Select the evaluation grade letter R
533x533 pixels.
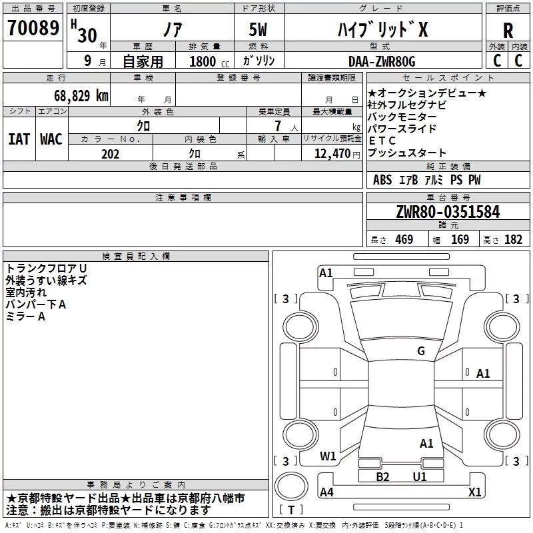tap(508, 31)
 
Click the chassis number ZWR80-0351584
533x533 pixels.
tap(448, 213)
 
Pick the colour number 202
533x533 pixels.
tap(110, 154)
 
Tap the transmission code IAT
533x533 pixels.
tap(19, 139)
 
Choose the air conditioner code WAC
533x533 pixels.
tap(51, 139)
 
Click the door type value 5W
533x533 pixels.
tap(259, 31)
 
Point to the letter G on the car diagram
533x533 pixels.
tap(421, 351)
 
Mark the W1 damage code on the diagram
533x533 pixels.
tap(328, 456)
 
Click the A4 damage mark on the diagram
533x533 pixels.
tap(326, 492)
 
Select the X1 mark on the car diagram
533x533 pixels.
tap(474, 492)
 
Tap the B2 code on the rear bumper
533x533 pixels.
tap(382, 476)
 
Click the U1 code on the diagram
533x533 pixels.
tap(419, 476)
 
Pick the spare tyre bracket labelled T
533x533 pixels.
tap(291, 511)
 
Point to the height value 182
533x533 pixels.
tap(513, 240)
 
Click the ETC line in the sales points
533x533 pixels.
tap(382, 141)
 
